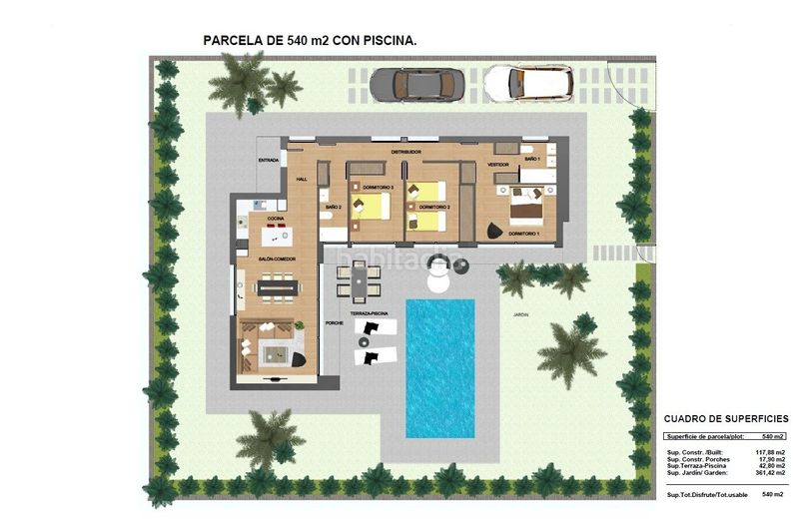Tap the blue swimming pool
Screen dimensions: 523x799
pos(439,367)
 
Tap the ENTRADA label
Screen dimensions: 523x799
pos(268,160)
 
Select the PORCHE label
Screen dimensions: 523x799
pos(335,322)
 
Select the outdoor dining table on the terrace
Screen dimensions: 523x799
pos(358,279)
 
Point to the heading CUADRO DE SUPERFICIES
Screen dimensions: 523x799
pos(726,419)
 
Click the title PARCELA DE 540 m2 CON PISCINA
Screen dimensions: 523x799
pos(310,40)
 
